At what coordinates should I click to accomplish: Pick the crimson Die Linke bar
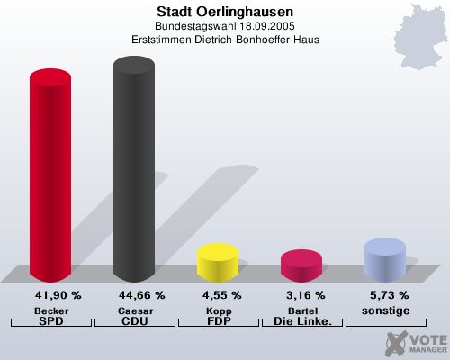(301, 265)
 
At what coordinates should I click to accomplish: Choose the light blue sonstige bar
(384, 258)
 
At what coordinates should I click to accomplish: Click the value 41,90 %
(58, 295)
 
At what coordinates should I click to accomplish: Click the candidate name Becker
(51, 310)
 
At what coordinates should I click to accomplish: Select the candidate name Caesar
(134, 310)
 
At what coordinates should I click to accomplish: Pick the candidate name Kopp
(218, 310)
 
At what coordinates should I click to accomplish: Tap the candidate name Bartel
(301, 310)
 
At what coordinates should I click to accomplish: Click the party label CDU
(134, 320)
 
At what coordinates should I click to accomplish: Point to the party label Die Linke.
(301, 320)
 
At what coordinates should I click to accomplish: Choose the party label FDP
(218, 320)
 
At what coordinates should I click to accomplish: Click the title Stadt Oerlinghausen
(224, 12)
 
